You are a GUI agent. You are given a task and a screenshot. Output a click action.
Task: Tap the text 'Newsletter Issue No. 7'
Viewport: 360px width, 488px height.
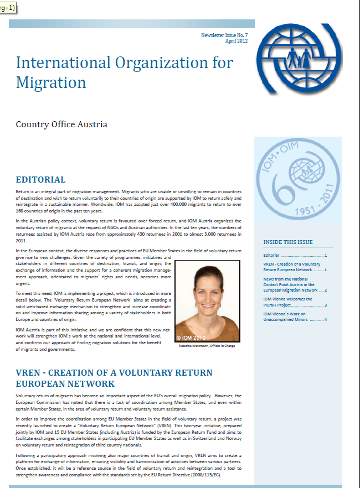[225, 35]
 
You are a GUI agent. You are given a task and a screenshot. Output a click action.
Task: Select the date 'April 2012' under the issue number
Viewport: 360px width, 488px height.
[235, 41]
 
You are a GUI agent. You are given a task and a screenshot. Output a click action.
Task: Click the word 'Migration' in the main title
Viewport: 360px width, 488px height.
[51, 82]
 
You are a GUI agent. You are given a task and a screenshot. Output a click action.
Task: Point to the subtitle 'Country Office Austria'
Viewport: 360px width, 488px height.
[61, 124]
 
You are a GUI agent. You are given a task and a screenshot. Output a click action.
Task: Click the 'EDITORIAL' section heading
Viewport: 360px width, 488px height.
[40, 180]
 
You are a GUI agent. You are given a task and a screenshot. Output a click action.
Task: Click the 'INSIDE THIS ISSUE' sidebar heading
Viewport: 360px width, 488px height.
[288, 242]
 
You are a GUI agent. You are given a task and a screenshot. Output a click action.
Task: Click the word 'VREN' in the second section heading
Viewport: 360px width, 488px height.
[30, 372]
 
